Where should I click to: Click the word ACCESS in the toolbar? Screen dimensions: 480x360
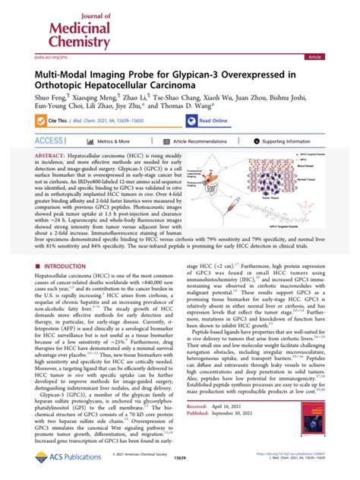pos(50,142)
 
